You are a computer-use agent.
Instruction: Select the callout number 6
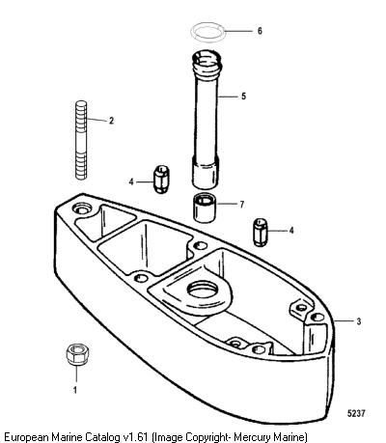[260, 31]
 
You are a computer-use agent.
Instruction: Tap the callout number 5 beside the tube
[243, 97]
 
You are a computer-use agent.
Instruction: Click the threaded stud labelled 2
[81, 140]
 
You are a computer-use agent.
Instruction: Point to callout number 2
[111, 121]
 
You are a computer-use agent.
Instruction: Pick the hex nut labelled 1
[77, 354]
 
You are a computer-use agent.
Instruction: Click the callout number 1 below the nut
[75, 390]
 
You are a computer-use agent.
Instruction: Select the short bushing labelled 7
[205, 208]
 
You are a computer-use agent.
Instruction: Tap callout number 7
[241, 205]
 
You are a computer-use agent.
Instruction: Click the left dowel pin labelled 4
[161, 179]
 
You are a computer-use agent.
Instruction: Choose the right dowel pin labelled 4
[261, 233]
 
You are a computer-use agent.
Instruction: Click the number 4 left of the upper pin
[131, 182]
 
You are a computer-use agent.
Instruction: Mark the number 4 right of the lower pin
[291, 231]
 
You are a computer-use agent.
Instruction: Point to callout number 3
[359, 321]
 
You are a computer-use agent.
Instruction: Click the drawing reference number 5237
[356, 413]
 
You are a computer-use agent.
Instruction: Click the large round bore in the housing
[204, 290]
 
